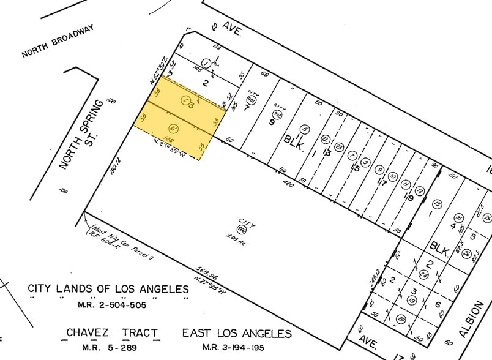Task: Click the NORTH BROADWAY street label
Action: coord(58,41)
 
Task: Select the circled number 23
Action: coord(487,217)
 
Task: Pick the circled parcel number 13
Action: coord(436,203)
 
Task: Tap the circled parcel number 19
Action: coord(414,300)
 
